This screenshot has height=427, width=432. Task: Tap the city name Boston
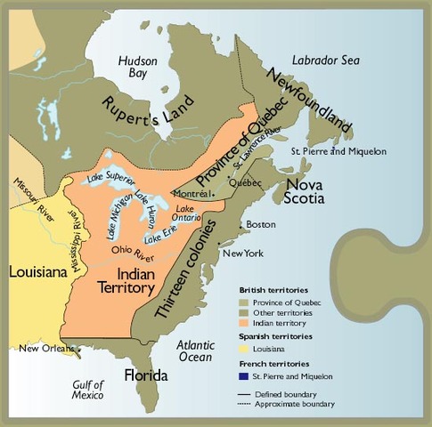(261, 224)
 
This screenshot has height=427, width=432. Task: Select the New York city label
(243, 254)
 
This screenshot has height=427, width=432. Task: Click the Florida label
(146, 374)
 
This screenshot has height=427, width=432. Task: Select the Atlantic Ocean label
(194, 350)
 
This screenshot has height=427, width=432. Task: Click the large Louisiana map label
(33, 270)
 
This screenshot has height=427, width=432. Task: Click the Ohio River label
(130, 250)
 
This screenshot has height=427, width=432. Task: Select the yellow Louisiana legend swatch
(243, 350)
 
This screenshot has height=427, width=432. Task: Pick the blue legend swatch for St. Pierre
(243, 377)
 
